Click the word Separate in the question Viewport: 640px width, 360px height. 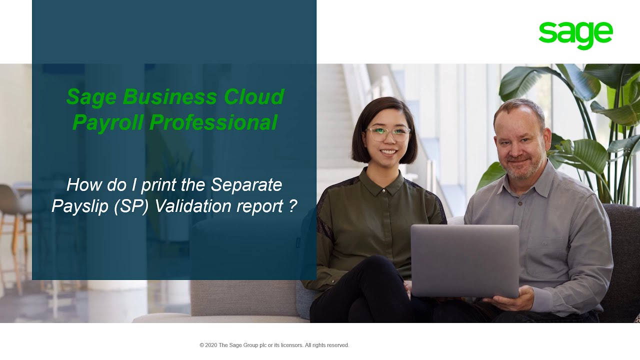(246, 185)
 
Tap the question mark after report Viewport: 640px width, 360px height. (293, 206)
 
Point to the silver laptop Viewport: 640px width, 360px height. (464, 260)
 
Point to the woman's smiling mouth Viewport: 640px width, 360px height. (389, 151)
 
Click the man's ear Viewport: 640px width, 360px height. (546, 136)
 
